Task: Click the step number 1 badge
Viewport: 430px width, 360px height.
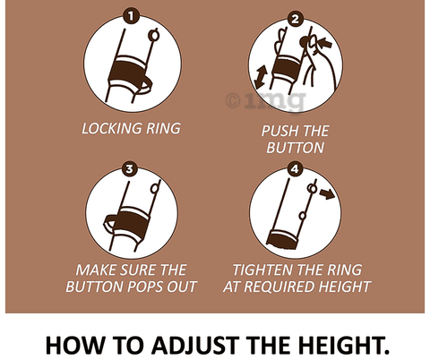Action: pos(131,16)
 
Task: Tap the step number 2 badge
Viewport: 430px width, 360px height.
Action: pos(295,19)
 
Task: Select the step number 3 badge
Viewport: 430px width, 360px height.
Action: pos(129,169)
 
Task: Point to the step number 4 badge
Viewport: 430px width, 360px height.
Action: pos(295,169)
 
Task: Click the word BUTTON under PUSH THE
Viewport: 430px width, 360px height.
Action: pos(296,148)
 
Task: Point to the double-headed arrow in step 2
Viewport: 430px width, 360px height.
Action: pos(260,78)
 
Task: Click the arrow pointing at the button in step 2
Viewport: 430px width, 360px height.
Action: pos(325,43)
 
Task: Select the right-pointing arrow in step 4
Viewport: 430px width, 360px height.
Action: pos(327,193)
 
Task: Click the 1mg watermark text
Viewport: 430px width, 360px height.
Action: pos(266,101)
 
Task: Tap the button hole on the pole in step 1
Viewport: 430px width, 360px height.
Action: pos(154,36)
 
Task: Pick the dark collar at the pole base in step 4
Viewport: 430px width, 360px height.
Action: pos(282,240)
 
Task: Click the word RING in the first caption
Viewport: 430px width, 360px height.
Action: pos(163,129)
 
